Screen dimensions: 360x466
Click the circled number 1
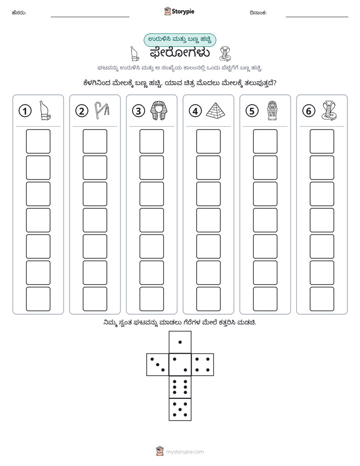(x=25, y=111)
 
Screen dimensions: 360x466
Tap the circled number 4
(x=195, y=111)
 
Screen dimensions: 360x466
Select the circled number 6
(x=309, y=111)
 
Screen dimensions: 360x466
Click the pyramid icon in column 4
(x=215, y=110)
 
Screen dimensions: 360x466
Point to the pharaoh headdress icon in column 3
(x=159, y=110)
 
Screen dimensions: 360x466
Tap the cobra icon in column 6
(x=329, y=110)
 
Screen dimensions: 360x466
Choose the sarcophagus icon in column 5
(x=272, y=110)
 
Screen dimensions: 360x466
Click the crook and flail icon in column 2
(x=102, y=110)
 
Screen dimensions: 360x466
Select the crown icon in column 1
(x=45, y=110)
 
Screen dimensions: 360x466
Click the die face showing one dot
(x=180, y=342)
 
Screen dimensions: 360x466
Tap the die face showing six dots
(x=180, y=387)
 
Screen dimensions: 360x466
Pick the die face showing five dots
(x=180, y=410)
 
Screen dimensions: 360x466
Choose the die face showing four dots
(x=203, y=365)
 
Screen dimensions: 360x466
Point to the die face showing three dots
(x=158, y=365)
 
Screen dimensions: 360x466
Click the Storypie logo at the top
(x=179, y=12)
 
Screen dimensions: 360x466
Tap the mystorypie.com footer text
(x=185, y=452)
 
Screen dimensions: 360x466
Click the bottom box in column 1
(x=38, y=299)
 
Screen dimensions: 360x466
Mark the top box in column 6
(x=322, y=141)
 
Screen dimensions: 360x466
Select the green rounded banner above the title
(x=179, y=40)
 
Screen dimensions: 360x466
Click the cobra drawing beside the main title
(x=225, y=54)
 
